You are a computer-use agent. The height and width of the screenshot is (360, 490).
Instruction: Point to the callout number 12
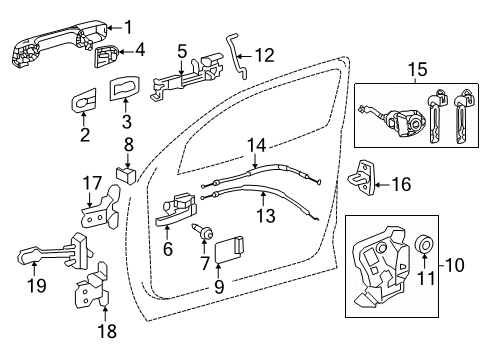(x=264, y=56)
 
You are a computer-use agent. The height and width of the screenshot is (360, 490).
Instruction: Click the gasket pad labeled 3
(x=124, y=91)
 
